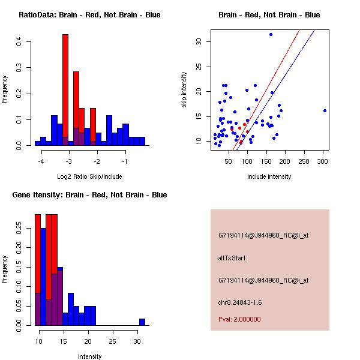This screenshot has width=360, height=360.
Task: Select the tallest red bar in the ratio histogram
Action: (x=65, y=84)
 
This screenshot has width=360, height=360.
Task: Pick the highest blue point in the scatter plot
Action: (x=271, y=35)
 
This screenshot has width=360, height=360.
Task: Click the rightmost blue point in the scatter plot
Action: (x=325, y=110)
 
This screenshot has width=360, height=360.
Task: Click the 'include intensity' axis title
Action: (x=269, y=177)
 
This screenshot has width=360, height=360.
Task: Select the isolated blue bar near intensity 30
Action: (x=142, y=322)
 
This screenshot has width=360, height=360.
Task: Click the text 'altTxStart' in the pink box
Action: (x=232, y=258)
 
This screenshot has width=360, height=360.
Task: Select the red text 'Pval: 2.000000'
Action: (x=239, y=319)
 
